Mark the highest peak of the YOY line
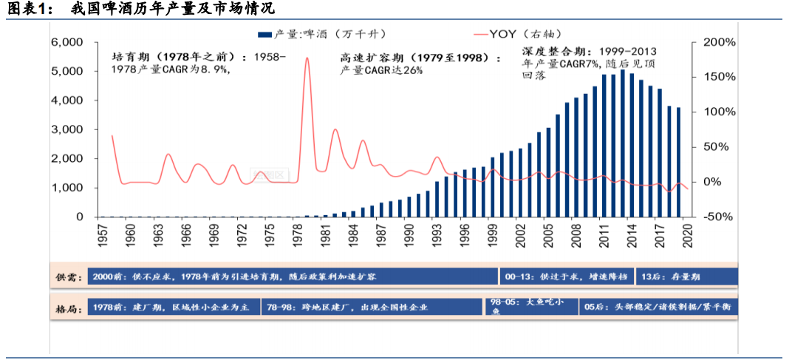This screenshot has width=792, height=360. click(307, 58)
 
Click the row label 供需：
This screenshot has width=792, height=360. click(67, 277)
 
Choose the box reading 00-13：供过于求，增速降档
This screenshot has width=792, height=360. click(565, 276)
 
